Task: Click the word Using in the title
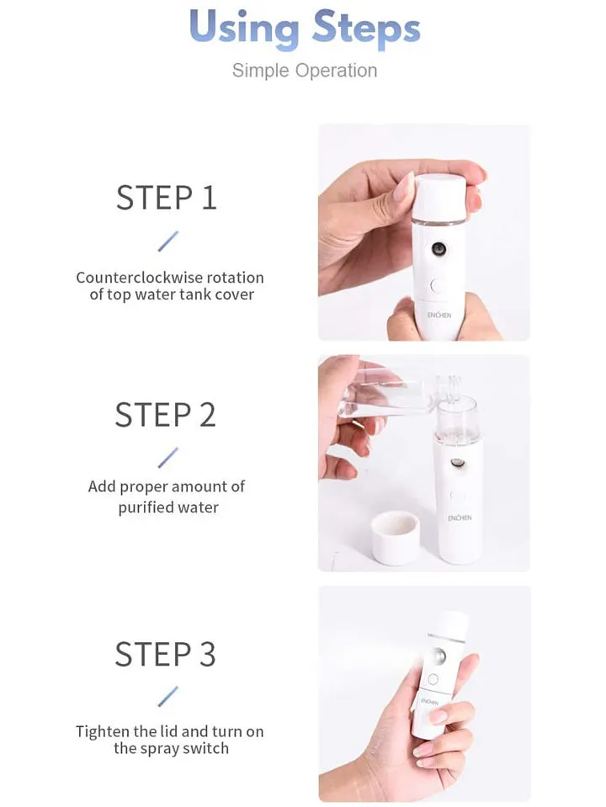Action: (244, 29)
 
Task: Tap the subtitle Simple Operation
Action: (305, 71)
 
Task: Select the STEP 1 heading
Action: (167, 197)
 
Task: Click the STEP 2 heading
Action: (165, 415)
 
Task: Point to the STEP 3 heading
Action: (165, 654)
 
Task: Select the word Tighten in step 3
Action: (103, 731)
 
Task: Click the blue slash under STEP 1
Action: (167, 242)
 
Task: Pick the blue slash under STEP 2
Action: (167, 458)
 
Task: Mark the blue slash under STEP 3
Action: (167, 697)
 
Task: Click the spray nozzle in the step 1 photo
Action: (439, 249)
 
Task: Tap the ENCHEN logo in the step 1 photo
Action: (439, 315)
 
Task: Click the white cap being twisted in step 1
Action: (440, 198)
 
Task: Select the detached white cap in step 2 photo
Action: (396, 539)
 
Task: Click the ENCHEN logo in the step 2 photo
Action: (460, 518)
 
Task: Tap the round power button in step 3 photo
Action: (433, 679)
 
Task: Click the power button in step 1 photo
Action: (437, 286)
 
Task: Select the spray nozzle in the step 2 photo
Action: (457, 463)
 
